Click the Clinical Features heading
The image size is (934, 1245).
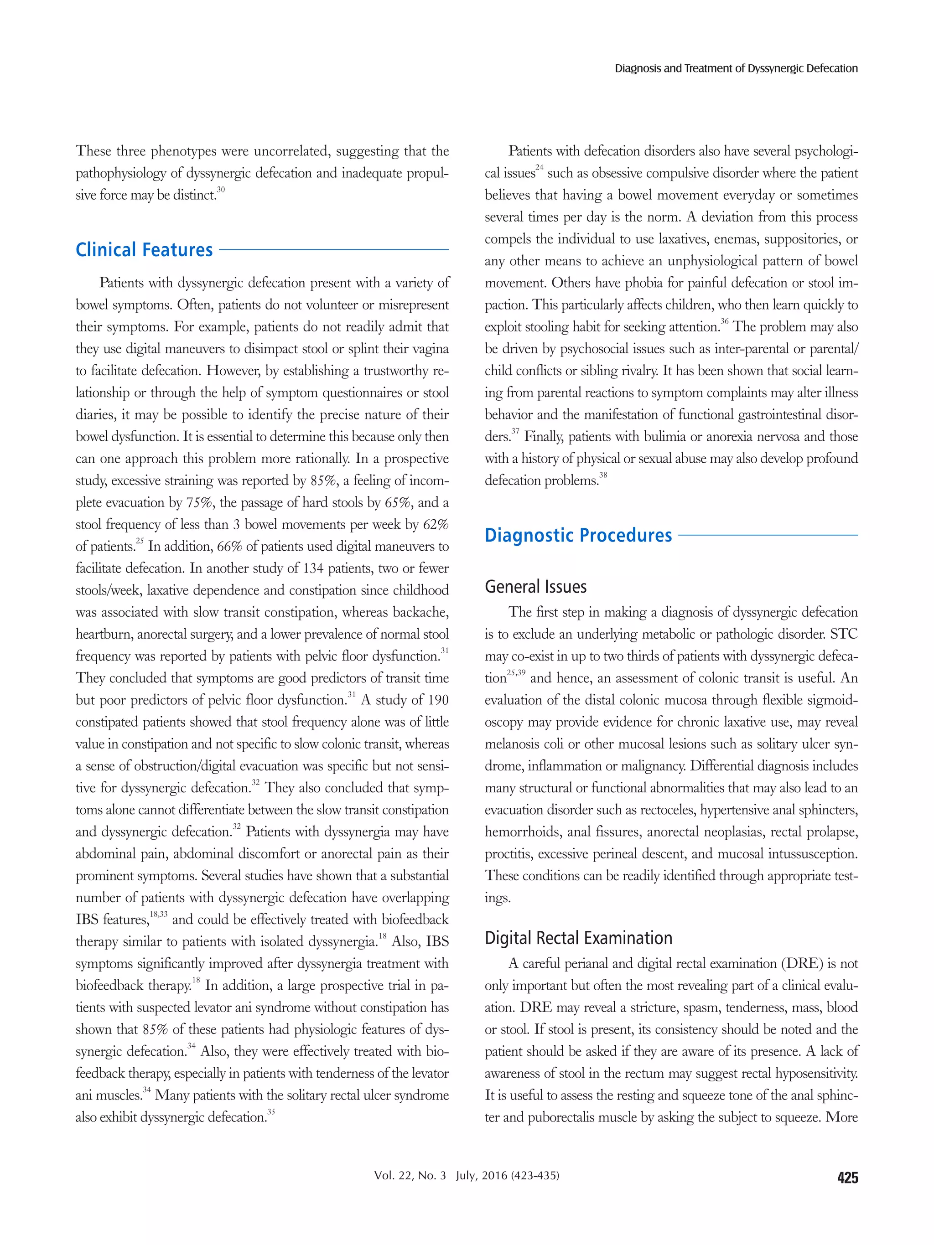coord(144,250)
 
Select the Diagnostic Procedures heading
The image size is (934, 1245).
coord(578,535)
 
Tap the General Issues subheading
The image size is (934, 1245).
coord(535,587)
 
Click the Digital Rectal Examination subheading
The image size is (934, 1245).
coord(578,938)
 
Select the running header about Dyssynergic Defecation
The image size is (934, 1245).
coord(736,69)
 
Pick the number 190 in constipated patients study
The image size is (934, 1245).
coord(437,700)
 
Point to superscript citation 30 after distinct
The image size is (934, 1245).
coord(221,190)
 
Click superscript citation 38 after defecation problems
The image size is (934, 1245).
coord(603,475)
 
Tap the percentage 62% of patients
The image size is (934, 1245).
coord(436,525)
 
